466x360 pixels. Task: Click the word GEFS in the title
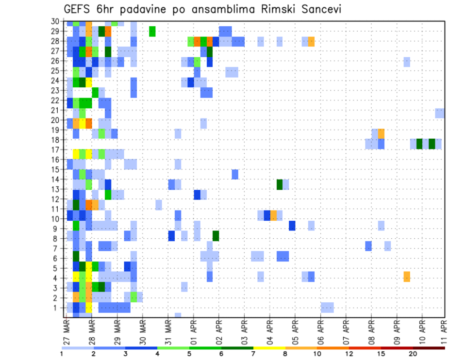(x=78, y=9)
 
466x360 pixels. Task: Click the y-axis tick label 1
(x=57, y=307)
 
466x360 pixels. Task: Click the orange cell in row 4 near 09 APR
(x=407, y=277)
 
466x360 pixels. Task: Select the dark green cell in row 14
(x=280, y=184)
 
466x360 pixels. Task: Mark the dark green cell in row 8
(x=216, y=236)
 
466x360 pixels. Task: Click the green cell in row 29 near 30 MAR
(x=152, y=32)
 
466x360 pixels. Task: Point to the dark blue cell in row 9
(x=292, y=226)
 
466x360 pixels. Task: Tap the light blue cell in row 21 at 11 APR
(x=440, y=113)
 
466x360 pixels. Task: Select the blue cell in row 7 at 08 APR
(x=368, y=246)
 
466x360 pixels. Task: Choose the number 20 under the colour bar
(x=413, y=354)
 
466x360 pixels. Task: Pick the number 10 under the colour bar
(x=318, y=354)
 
